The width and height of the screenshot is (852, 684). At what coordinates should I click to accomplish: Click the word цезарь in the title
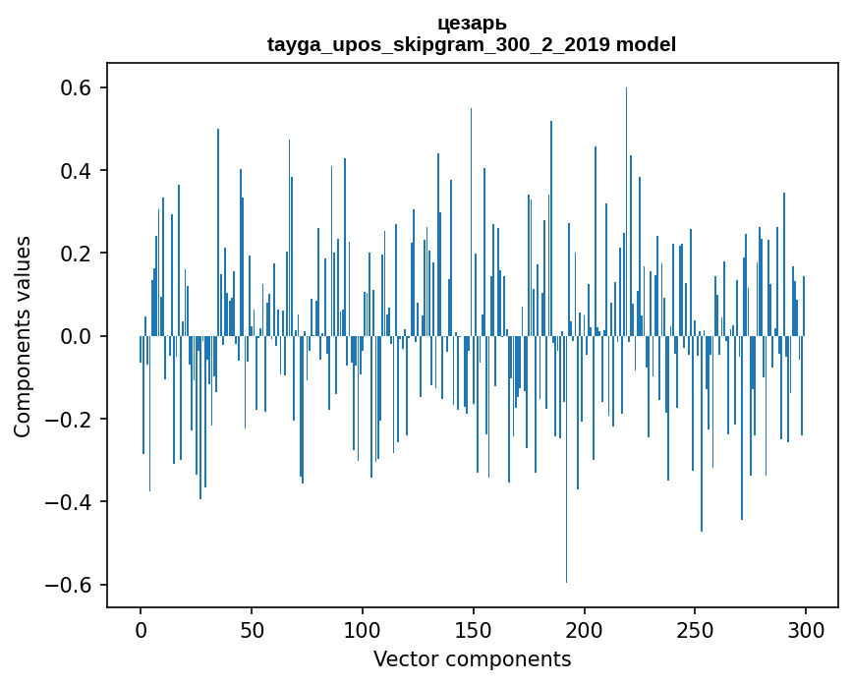pyautogui.click(x=472, y=23)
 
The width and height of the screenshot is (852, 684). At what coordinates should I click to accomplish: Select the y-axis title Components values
pyautogui.click(x=23, y=336)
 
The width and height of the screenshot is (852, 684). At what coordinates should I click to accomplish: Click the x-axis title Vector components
pyautogui.click(x=472, y=658)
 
